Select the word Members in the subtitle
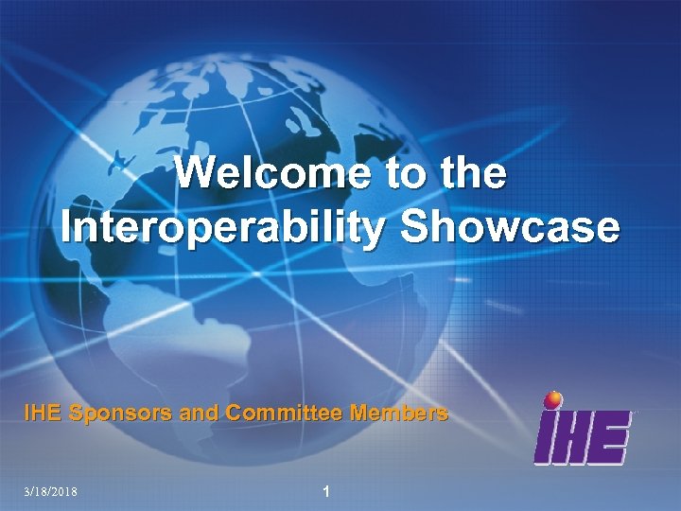399,414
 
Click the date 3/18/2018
52,492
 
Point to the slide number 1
325,491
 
